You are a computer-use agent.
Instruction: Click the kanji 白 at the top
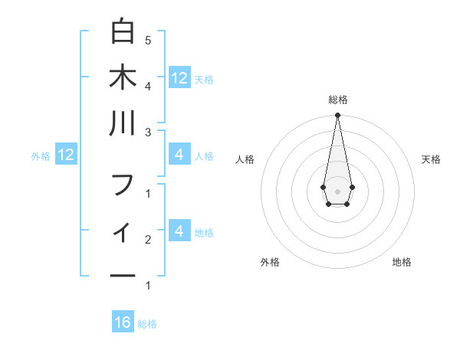[x=123, y=32]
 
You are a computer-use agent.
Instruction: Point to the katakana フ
[x=123, y=185]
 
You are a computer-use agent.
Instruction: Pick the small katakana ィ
[x=123, y=230]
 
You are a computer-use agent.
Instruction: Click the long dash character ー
[x=123, y=275]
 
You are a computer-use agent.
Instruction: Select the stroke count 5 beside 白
[x=148, y=40]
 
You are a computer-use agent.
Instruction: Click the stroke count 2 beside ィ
[x=148, y=240]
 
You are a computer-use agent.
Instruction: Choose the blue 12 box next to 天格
[x=179, y=77]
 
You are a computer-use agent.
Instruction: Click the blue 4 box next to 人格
[x=179, y=155]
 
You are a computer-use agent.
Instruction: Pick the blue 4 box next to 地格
[x=179, y=231]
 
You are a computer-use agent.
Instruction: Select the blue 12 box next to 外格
[x=67, y=155]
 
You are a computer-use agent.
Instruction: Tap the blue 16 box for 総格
[x=123, y=322]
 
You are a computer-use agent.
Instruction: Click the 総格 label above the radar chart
[x=337, y=100]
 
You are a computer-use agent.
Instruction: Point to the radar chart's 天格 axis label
[x=431, y=159]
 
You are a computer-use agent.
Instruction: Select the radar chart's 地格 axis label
[x=402, y=262]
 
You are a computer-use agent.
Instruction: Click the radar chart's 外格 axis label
[x=270, y=262]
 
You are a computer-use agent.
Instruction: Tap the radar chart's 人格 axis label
[x=245, y=159]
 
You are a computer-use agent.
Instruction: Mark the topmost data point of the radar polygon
[x=337, y=116]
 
